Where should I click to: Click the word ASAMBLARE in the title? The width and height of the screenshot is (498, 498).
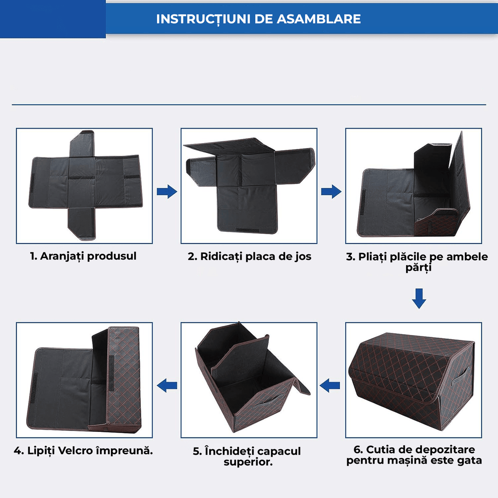click(x=319, y=19)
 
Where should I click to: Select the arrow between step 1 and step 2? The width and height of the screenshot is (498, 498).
click(x=167, y=192)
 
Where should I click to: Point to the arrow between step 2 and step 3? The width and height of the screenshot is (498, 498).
click(x=331, y=192)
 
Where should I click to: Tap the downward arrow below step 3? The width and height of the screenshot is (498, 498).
click(x=419, y=298)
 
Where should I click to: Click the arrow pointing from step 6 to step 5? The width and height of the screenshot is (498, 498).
click(x=330, y=386)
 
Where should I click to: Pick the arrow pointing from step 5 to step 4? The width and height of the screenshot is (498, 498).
click(x=167, y=386)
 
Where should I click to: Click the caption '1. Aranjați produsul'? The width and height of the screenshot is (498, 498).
click(x=83, y=256)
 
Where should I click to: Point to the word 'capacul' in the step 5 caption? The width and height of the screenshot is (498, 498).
click(x=279, y=451)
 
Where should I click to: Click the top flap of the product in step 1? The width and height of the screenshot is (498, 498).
click(x=82, y=144)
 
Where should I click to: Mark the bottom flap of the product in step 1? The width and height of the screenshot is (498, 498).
click(x=82, y=224)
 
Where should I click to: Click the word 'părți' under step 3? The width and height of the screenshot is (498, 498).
click(x=418, y=268)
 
